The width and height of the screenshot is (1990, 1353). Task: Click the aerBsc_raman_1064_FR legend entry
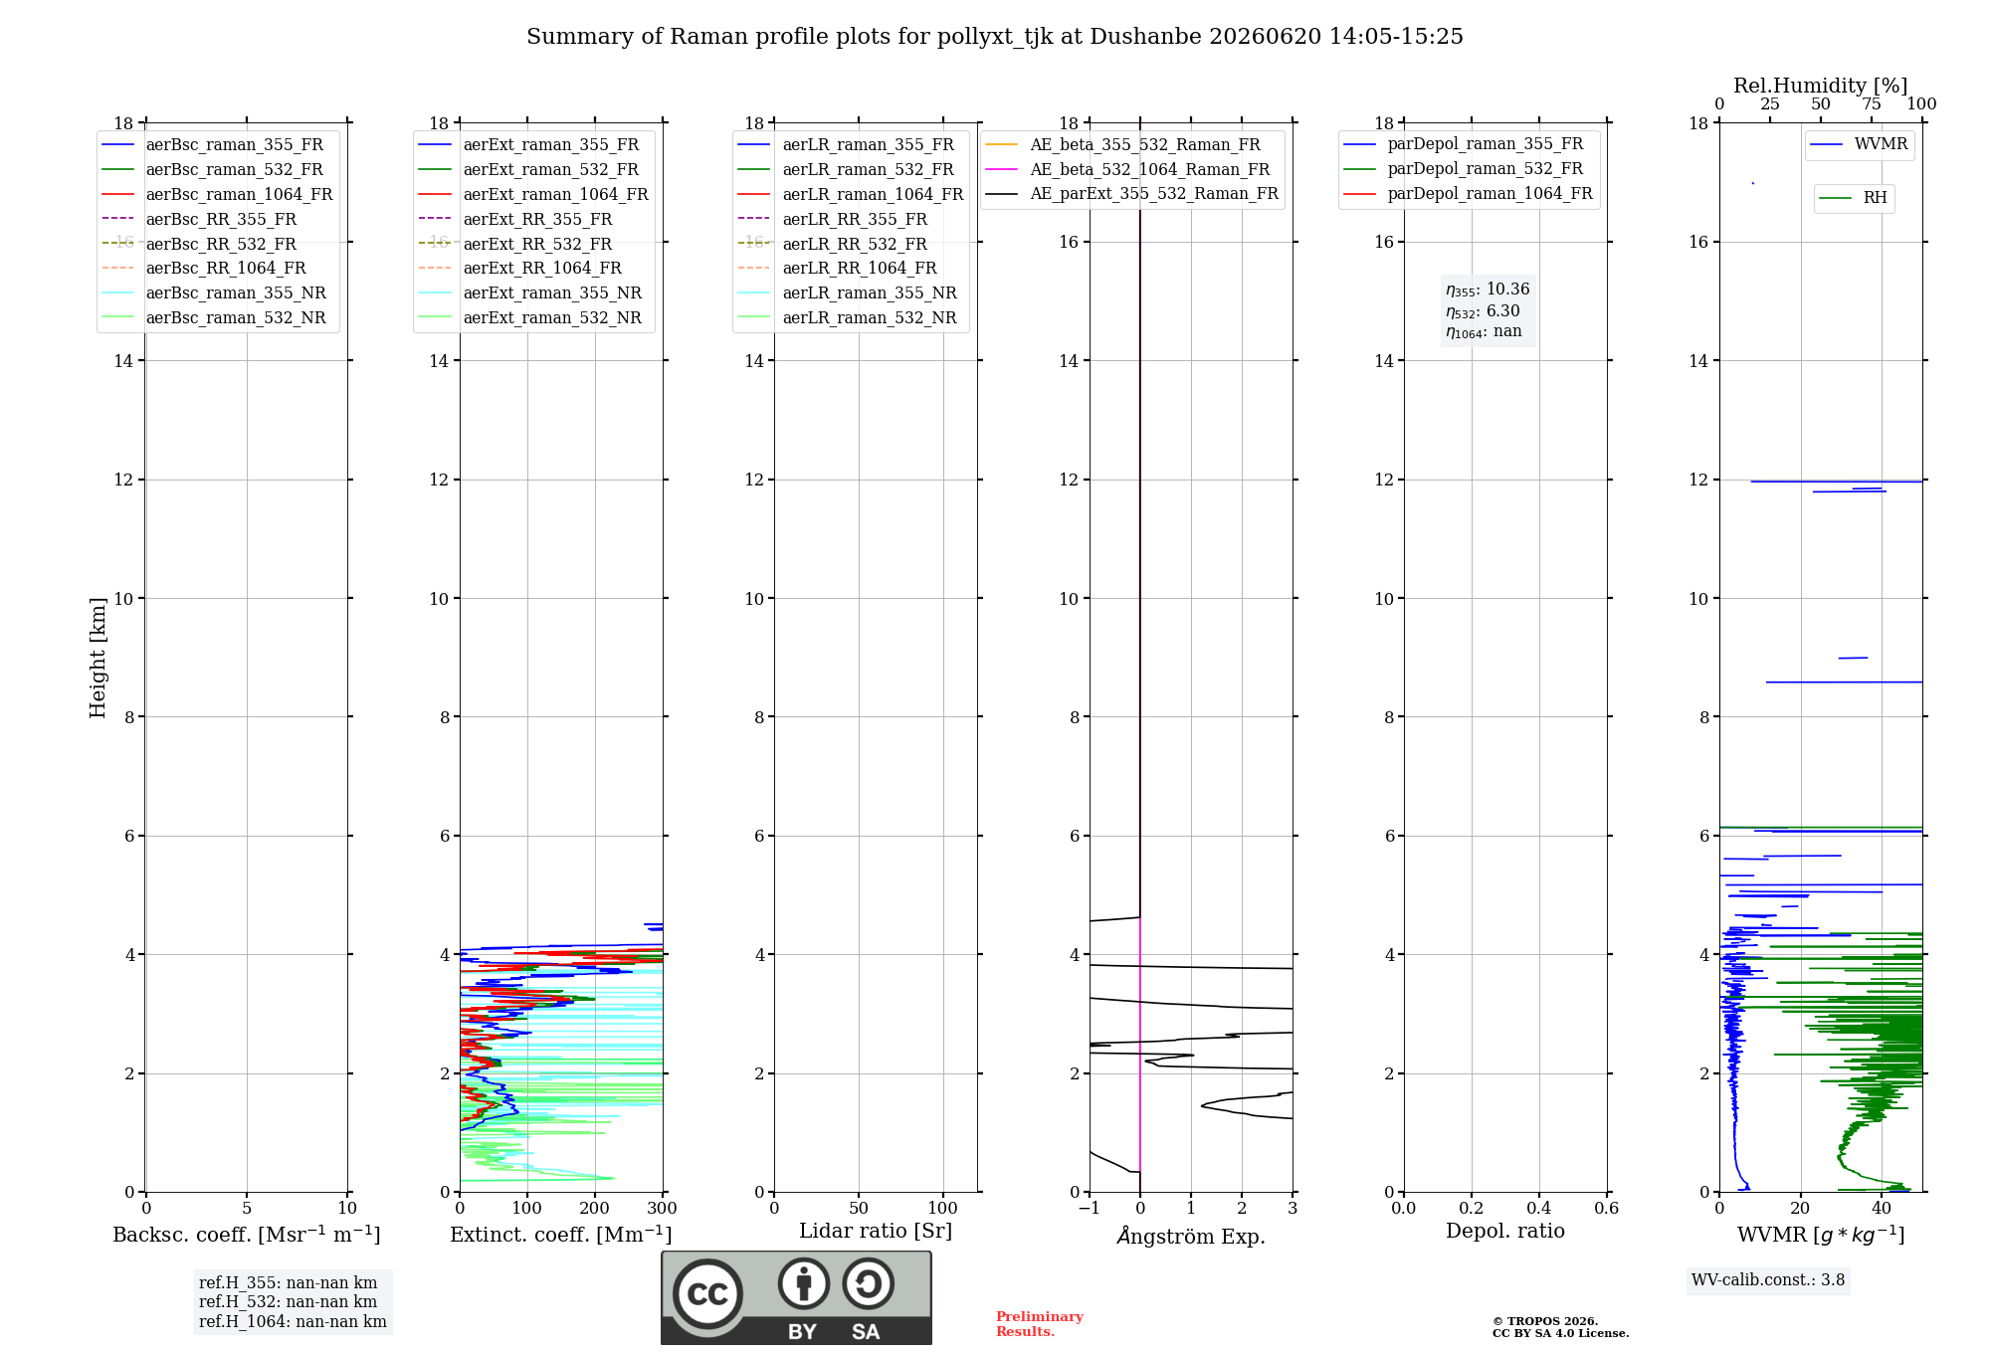point(217,194)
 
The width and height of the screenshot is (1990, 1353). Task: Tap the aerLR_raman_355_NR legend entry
point(847,292)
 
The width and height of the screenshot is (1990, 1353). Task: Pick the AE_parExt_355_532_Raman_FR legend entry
point(1131,193)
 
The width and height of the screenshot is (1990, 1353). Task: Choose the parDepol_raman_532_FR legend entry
point(1463,169)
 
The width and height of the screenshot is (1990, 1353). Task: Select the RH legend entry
point(1853,198)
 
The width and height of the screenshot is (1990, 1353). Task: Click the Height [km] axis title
point(98,658)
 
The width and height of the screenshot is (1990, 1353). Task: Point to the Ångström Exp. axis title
point(1191,1236)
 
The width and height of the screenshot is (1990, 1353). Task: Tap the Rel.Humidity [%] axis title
point(1821,86)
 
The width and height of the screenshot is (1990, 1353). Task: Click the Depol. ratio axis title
point(1505,1231)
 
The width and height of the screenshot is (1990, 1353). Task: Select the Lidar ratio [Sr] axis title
point(876,1231)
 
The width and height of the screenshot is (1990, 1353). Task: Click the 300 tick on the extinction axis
point(663,1208)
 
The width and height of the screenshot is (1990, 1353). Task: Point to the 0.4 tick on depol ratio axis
point(1539,1208)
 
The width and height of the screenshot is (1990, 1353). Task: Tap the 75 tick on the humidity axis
point(1872,104)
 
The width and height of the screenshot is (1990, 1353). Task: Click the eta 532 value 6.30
point(1502,310)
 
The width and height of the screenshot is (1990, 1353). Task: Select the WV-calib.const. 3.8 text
point(1768,1280)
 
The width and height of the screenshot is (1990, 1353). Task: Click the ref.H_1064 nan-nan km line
point(293,1321)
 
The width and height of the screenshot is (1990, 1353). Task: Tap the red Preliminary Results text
point(1040,1324)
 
